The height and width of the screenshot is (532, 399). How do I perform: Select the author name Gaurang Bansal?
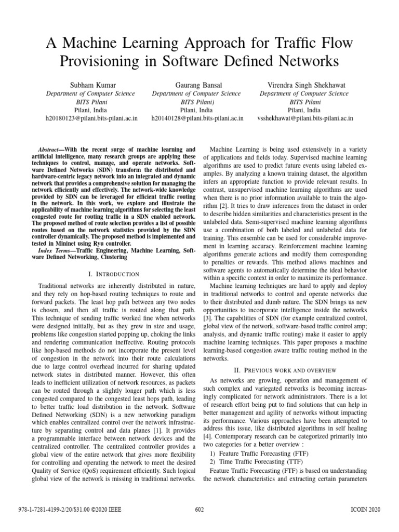(197, 85)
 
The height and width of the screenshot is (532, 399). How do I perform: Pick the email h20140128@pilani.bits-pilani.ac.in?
(197, 118)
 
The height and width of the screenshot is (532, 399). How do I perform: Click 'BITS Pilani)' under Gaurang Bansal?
(197, 102)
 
